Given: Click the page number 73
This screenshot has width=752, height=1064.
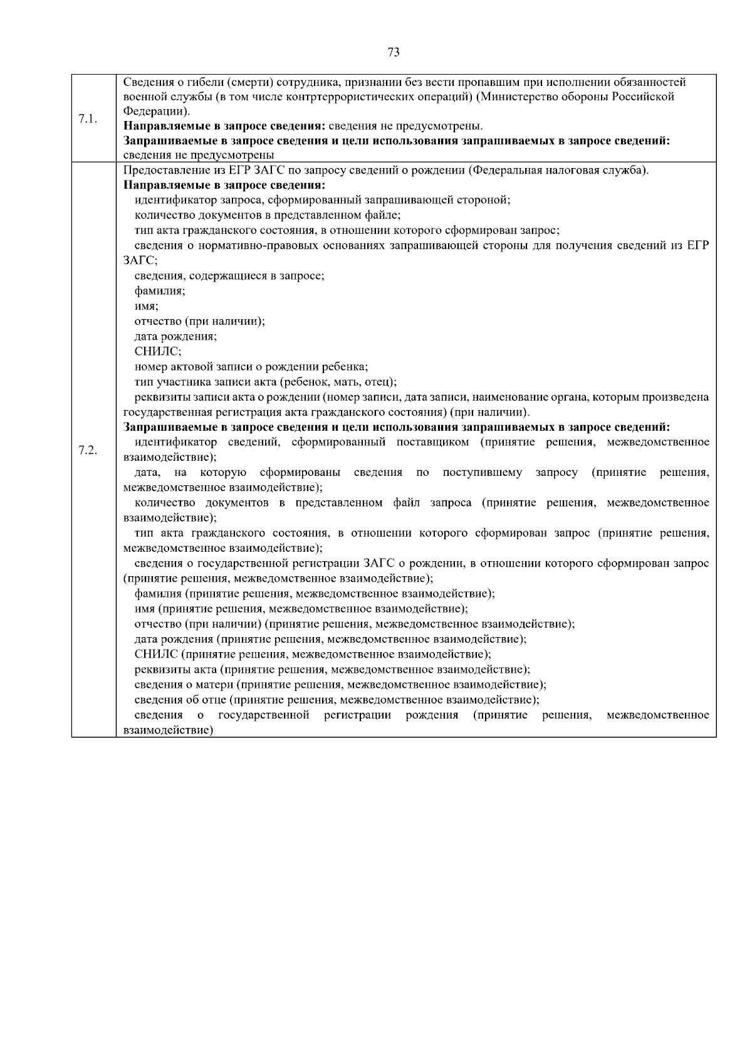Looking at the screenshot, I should pos(394,53).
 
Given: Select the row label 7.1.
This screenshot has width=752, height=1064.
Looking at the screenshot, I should pos(88,119).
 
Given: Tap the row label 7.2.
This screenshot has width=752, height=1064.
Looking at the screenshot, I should pos(88,450).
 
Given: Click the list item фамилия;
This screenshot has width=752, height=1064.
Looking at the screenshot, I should pos(159,292).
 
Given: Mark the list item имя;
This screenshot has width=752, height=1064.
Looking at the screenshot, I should pos(146,307).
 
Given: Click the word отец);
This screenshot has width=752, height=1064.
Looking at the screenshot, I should pos(380,382).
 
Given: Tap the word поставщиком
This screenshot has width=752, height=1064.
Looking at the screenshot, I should pos(432,443).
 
